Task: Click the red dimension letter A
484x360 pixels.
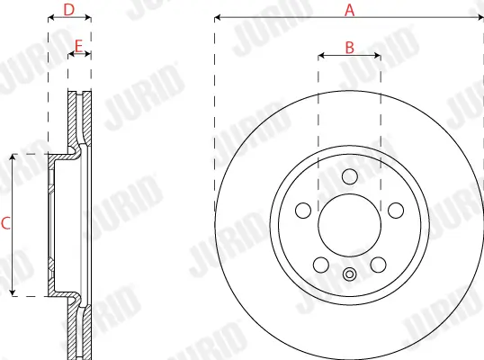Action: (350, 10)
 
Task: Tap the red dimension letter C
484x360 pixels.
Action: (5, 224)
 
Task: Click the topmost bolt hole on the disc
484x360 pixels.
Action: (350, 176)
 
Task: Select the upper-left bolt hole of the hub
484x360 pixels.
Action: (304, 210)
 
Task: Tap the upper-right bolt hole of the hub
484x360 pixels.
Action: (396, 210)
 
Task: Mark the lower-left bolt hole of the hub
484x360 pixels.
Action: (321, 264)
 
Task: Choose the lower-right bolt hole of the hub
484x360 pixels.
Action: (379, 264)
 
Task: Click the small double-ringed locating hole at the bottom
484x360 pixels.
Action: (350, 275)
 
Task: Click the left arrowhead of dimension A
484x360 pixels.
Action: (217, 17)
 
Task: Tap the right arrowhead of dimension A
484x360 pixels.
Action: (481, 17)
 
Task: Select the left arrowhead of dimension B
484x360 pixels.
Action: (321, 55)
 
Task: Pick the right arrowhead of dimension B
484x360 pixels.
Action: (379, 55)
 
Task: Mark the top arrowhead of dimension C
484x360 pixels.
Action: (13, 157)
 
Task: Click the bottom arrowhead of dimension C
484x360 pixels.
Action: (13, 293)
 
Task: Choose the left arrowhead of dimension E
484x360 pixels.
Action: (71, 55)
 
